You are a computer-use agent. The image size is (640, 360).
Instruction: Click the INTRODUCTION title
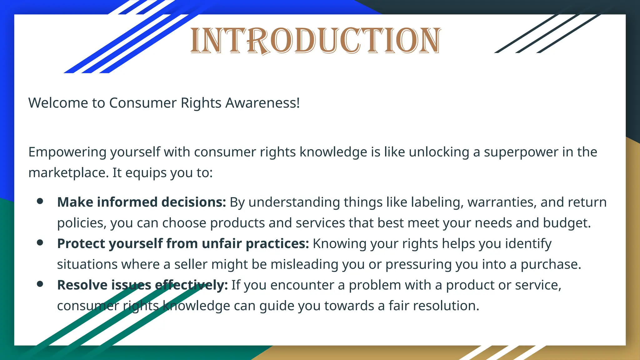pyautogui.click(x=316, y=41)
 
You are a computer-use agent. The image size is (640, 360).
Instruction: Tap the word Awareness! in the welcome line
pyautogui.click(x=262, y=103)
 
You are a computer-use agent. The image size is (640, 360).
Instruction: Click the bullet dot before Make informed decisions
pyautogui.click(x=40, y=201)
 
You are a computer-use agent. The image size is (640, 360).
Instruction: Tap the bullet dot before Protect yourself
pyautogui.click(x=40, y=243)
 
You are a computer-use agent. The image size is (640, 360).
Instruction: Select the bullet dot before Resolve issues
pyautogui.click(x=40, y=284)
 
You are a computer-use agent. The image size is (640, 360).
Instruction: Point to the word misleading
pyautogui.click(x=304, y=264)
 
